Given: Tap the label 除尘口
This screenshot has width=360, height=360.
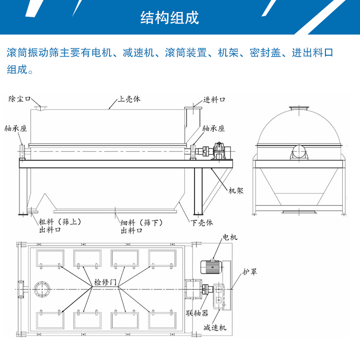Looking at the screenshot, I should tap(20, 99).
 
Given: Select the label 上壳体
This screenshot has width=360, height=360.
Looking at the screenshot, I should tap(129, 100).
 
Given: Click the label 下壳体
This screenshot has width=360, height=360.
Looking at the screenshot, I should tap(202, 223).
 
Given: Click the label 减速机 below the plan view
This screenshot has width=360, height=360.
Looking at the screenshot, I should tap(215, 328).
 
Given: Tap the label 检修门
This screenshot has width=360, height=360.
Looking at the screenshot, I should tap(106, 282).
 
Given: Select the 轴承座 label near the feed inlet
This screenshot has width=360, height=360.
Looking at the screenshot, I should tap(214, 129).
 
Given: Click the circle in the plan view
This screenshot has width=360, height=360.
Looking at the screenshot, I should tap(42, 288).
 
